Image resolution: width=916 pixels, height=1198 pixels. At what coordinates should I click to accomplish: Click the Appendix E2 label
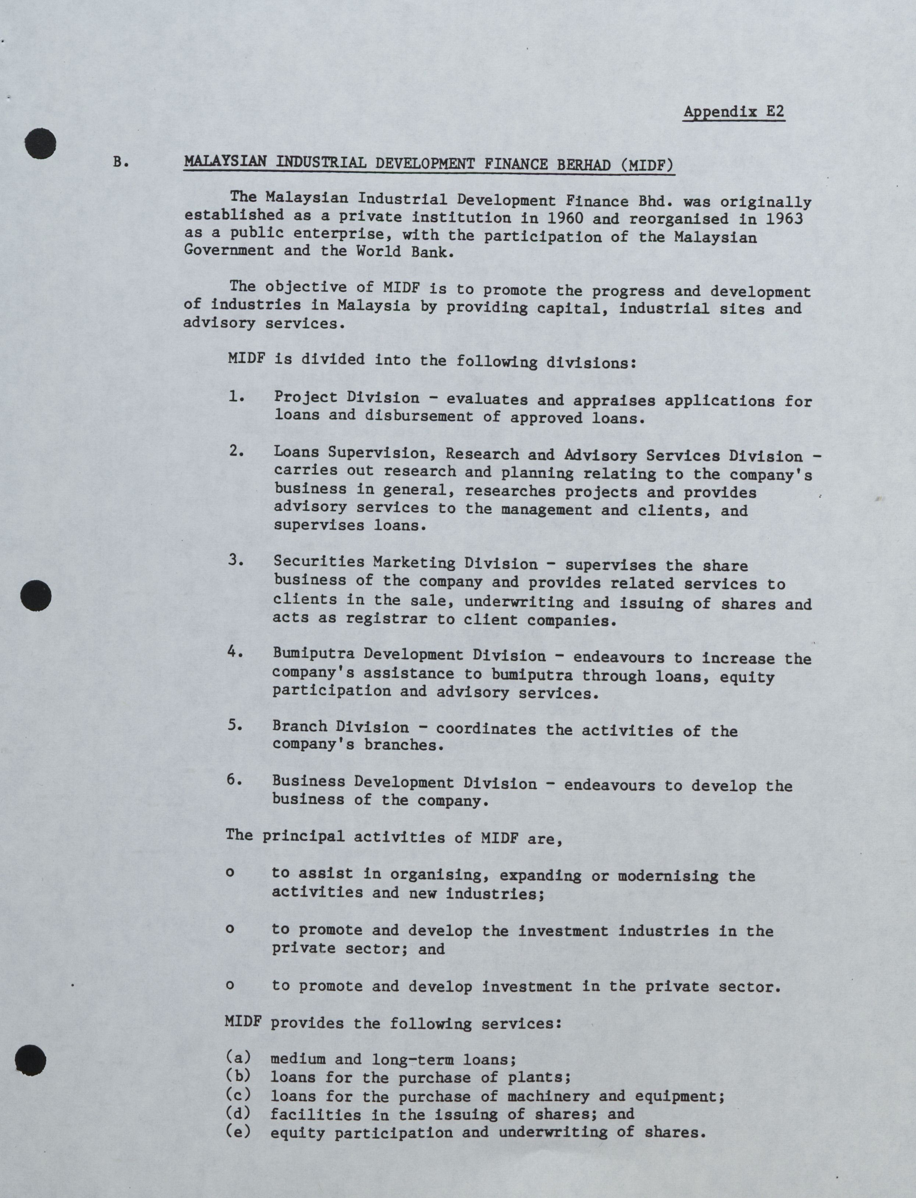pyautogui.click(x=734, y=112)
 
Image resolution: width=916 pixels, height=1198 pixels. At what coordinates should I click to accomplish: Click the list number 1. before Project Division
pyautogui.click(x=236, y=396)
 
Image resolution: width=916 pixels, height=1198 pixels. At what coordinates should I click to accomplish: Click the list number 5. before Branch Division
pyautogui.click(x=235, y=725)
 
